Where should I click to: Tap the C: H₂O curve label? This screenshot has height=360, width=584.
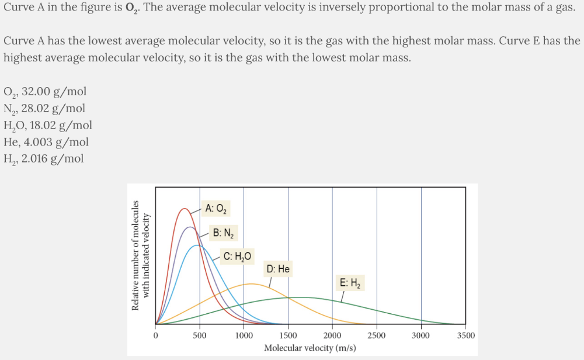[238, 256]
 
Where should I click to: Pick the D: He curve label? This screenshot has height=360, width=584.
[278, 269]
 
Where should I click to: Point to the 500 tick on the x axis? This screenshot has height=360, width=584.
[200, 335]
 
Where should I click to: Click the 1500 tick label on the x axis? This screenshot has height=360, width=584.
[288, 335]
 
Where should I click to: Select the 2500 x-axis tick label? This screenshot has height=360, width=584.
[377, 335]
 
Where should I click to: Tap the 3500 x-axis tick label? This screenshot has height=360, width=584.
[465, 335]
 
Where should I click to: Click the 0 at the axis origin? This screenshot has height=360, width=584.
[155, 335]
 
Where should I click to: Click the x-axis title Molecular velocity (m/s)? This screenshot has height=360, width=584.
[310, 348]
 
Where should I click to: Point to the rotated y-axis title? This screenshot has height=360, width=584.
[141, 255]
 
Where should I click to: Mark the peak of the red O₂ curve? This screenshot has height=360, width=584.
[185, 208]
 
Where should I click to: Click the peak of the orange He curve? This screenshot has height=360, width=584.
[251, 283]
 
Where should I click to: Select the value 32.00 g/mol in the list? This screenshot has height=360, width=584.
[54, 91]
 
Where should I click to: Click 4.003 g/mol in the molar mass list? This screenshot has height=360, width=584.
[62, 142]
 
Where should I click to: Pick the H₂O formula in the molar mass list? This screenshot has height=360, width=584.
[15, 125]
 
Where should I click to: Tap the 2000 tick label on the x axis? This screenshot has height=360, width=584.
[332, 335]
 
